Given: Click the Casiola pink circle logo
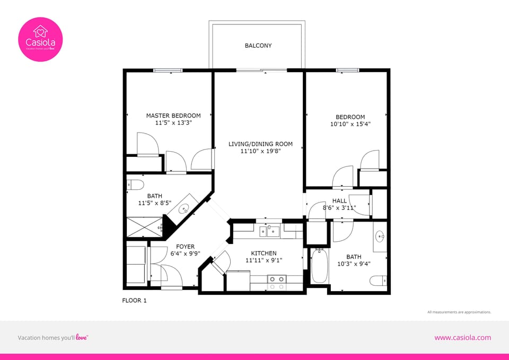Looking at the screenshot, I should [41, 39].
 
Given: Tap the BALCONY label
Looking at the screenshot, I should [258, 46].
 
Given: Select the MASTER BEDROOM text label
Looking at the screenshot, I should [173, 116].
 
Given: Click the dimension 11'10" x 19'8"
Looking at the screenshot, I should [260, 151].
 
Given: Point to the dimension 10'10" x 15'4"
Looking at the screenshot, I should [350, 124].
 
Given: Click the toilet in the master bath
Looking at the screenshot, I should [136, 185].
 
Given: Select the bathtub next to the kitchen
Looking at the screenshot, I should [320, 267].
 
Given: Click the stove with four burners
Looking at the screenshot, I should [276, 282].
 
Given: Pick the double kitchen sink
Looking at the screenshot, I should [270, 231].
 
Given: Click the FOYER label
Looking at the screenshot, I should [185, 247].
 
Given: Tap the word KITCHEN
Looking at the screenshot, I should [264, 253].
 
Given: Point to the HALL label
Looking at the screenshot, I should [339, 201].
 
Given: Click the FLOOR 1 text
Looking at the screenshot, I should [134, 301].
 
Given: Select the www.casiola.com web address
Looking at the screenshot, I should [462, 338].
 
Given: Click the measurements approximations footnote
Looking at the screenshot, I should [459, 312].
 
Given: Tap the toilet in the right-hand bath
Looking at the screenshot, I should [378, 280].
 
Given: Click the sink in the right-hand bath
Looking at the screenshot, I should [380, 236].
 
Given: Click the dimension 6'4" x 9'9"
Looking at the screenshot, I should [185, 253].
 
